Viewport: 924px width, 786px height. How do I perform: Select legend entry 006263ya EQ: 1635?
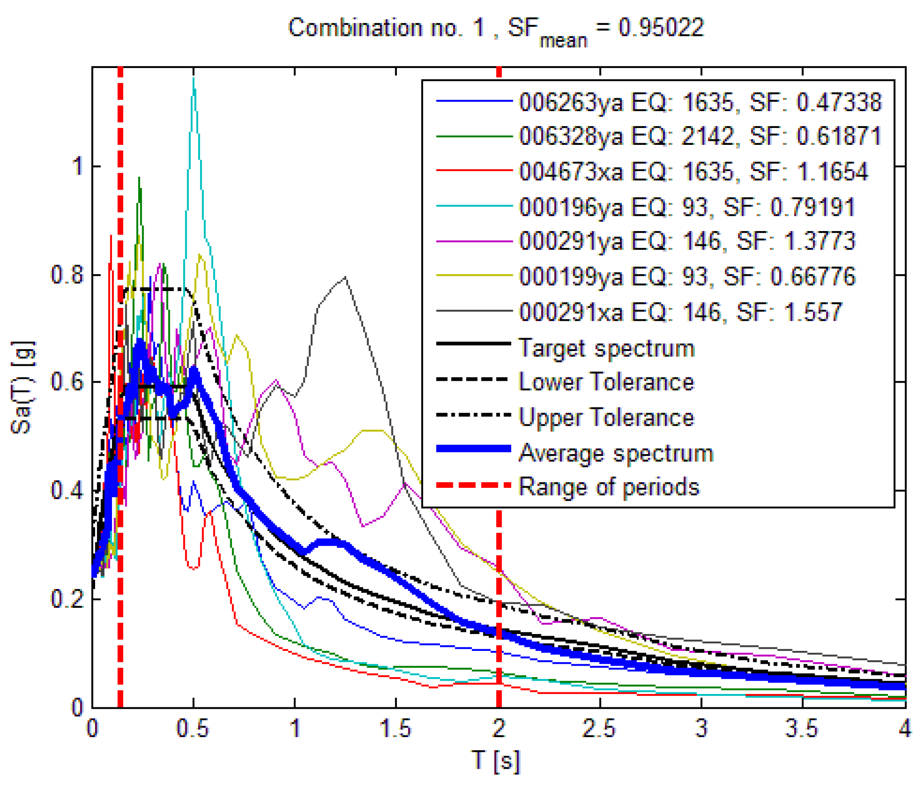pyautogui.click(x=700, y=102)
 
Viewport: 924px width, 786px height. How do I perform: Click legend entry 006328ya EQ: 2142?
pyautogui.click(x=700, y=136)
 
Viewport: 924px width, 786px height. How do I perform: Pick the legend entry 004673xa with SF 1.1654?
pyautogui.click(x=693, y=172)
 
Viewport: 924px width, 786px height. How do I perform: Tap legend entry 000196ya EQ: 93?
pyautogui.click(x=686, y=207)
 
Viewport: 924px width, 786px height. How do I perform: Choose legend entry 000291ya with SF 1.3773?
pyautogui.click(x=686, y=241)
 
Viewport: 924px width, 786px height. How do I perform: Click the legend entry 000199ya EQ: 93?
pyautogui.click(x=686, y=276)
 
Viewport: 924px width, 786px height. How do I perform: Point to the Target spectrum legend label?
pyautogui.click(x=606, y=348)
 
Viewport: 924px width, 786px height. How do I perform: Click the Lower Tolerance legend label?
pyautogui.click(x=606, y=382)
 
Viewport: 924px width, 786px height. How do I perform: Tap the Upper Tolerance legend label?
pyautogui.click(x=606, y=418)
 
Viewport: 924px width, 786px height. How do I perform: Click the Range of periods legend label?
pyautogui.click(x=609, y=487)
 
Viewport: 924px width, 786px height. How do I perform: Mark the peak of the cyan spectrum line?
pyautogui.click(x=193, y=78)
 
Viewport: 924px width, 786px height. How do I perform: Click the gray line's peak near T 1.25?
pyautogui.click(x=345, y=277)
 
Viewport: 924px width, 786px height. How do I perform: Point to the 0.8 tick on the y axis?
pyautogui.click(x=67, y=275)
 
